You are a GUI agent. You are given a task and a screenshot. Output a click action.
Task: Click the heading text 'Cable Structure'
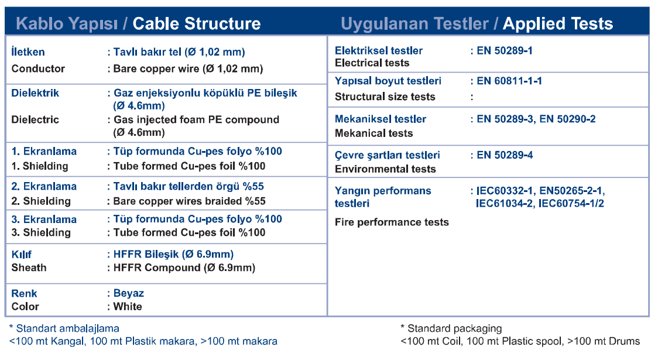196,23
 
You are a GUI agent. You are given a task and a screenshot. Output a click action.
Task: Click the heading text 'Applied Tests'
558,23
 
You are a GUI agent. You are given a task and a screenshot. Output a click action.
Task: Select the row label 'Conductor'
38,68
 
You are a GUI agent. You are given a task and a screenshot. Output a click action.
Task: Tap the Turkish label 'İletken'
28,52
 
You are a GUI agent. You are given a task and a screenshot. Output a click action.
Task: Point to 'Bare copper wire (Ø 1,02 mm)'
188,68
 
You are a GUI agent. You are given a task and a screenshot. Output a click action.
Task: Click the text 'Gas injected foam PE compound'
196,119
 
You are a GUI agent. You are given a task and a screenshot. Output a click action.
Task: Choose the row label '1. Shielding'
40,166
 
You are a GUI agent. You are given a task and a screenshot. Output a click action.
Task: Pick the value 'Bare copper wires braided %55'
189,201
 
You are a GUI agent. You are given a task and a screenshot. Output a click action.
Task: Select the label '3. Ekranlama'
44,220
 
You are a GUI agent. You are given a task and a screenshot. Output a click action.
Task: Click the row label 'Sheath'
29,268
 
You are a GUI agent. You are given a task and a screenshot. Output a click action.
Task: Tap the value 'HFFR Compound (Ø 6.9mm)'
184,268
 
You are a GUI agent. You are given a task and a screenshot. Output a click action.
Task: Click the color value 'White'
128,306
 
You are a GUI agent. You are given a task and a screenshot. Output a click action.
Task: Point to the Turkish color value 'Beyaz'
129,293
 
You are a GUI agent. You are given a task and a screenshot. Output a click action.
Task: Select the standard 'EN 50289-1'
505,51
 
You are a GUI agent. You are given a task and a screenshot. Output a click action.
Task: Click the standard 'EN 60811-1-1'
509,81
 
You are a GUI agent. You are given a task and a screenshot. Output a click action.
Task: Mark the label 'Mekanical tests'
374,133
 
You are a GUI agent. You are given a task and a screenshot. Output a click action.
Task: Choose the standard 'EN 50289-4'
505,155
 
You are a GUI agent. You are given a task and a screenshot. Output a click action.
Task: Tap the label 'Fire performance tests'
392,222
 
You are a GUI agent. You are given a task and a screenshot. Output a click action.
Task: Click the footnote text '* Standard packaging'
451,328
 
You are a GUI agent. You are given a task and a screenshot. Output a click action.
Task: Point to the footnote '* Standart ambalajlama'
64,328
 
